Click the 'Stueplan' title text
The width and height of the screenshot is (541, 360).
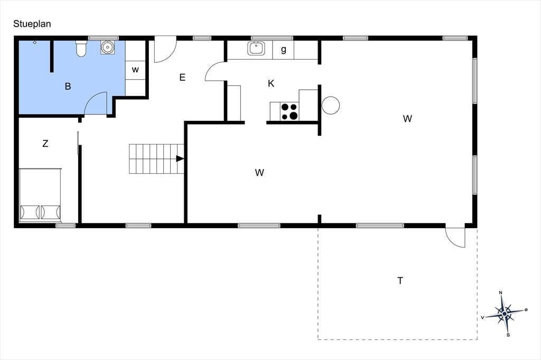(32, 24)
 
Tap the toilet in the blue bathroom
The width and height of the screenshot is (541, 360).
(81, 48)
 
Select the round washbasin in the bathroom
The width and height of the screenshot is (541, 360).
(108, 47)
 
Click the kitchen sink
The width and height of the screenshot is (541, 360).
(256, 48)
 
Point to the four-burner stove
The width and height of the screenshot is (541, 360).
(289, 111)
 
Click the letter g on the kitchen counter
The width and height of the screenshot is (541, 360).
(284, 50)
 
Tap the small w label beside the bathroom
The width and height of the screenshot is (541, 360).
(135, 70)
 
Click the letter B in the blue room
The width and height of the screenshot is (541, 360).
(68, 86)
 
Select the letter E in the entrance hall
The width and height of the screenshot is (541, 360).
(182, 77)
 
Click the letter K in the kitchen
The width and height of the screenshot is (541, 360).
(271, 83)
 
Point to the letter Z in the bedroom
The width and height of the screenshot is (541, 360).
(45, 144)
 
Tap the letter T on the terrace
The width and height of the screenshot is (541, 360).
(400, 281)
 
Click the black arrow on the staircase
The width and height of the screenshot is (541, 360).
(180, 158)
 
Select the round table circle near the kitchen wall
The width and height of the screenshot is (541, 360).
(331, 105)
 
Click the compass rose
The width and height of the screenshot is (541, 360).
(505, 314)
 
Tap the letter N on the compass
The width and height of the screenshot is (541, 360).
(501, 293)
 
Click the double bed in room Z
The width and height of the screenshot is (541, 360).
(40, 195)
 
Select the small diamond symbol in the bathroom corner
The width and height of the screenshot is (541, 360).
(34, 42)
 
